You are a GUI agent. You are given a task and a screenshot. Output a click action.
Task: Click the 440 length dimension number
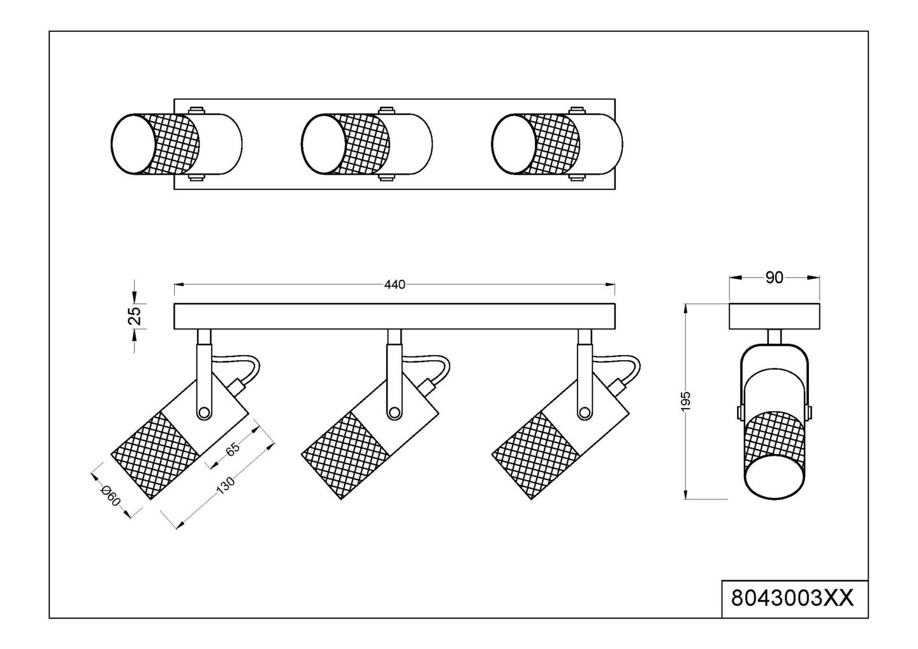[x=394, y=284]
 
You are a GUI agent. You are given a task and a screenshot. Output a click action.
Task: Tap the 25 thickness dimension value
[x=135, y=316]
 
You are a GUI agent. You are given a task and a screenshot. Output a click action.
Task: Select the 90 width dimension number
[x=774, y=278]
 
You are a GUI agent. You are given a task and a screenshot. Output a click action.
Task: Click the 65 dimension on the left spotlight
[x=233, y=449]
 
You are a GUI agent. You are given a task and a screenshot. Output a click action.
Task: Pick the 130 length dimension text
[x=226, y=486]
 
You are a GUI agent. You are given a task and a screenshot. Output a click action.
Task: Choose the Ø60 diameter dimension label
[x=110, y=496]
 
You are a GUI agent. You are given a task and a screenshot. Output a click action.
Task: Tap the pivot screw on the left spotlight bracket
[x=204, y=412]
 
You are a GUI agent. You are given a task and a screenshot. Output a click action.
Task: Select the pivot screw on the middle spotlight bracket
[x=394, y=412]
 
